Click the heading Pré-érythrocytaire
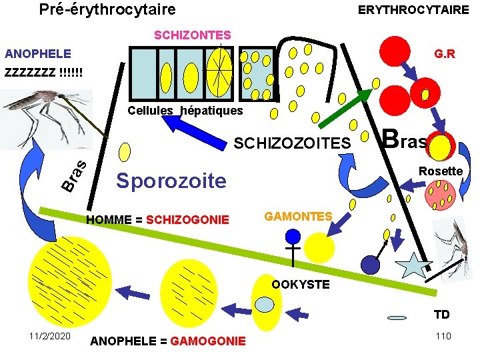coord(107,9)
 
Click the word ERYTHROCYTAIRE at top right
coord(413,9)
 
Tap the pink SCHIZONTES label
coord(193,35)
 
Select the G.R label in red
coord(444,53)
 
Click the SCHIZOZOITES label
coord(291,143)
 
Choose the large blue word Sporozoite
coord(171,181)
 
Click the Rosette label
coord(440,171)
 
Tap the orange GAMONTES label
coord(298,217)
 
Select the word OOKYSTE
coord(300,284)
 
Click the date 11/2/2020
coord(50,335)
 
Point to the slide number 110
coord(443,335)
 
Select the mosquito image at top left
coord(47,117)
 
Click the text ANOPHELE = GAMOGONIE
coord(167,341)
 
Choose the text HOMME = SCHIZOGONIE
coord(158,220)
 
